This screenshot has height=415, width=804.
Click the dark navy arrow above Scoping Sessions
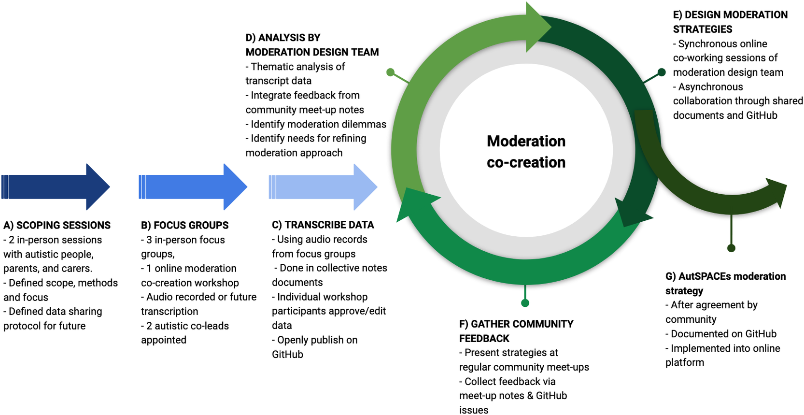pyautogui.click(x=56, y=187)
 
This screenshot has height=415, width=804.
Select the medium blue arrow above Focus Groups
pyautogui.click(x=193, y=187)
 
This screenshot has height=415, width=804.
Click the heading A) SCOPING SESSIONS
pyautogui.click(x=57, y=225)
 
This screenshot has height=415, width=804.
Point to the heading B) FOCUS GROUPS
pyautogui.click(x=184, y=225)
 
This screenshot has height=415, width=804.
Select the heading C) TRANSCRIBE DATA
pyautogui.click(x=323, y=225)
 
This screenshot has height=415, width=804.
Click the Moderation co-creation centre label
pyautogui.click(x=526, y=152)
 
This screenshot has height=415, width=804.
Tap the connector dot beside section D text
pyautogui.click(x=391, y=72)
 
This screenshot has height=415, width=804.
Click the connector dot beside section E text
pyautogui.click(x=662, y=72)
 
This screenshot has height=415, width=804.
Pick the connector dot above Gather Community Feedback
pyautogui.click(x=525, y=303)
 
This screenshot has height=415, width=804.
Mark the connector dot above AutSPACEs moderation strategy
pyautogui.click(x=731, y=248)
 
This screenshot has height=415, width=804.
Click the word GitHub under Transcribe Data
pyautogui.click(x=287, y=354)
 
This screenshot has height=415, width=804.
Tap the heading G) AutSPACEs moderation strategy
pyautogui.click(x=725, y=283)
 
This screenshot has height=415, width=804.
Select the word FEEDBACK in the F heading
pyautogui.click(x=484, y=338)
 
